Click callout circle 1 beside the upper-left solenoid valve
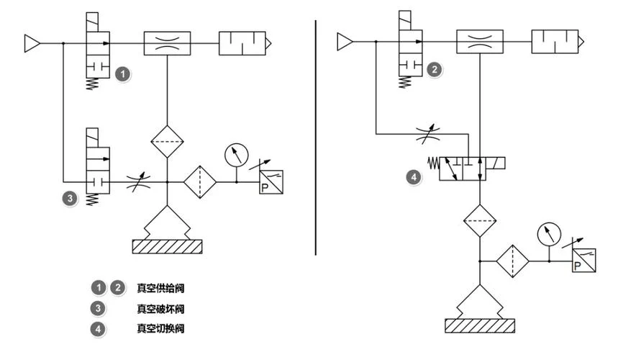pos(123,74)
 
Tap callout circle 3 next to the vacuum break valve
pos(70,198)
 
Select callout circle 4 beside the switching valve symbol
pos(414,177)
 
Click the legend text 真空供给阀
pos(160,288)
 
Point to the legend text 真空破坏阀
pos(160,309)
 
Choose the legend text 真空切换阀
pos(160,328)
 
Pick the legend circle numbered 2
pos(117,288)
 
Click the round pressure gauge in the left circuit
pos(237,155)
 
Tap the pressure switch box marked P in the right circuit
pos(583,260)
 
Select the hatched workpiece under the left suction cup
pos(167,247)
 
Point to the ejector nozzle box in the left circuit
pos(167,43)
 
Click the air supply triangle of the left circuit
pos(32,43)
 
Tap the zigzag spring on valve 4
pos(434,163)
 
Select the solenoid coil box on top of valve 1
pos(92,22)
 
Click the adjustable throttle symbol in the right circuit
pos(428,134)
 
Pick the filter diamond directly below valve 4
pos(480,221)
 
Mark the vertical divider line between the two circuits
pos(316,138)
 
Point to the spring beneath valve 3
pos(93,199)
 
